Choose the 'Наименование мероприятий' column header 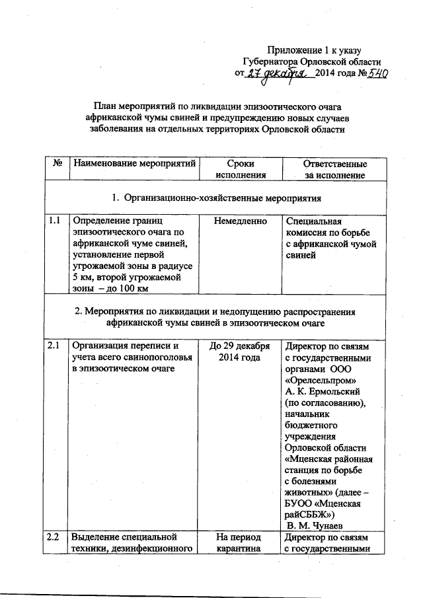pyautogui.click(x=135, y=164)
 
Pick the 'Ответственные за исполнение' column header pyautogui.click(x=334, y=169)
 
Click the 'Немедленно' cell pyautogui.click(x=240, y=221)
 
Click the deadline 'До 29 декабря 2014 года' pyautogui.click(x=240, y=351)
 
